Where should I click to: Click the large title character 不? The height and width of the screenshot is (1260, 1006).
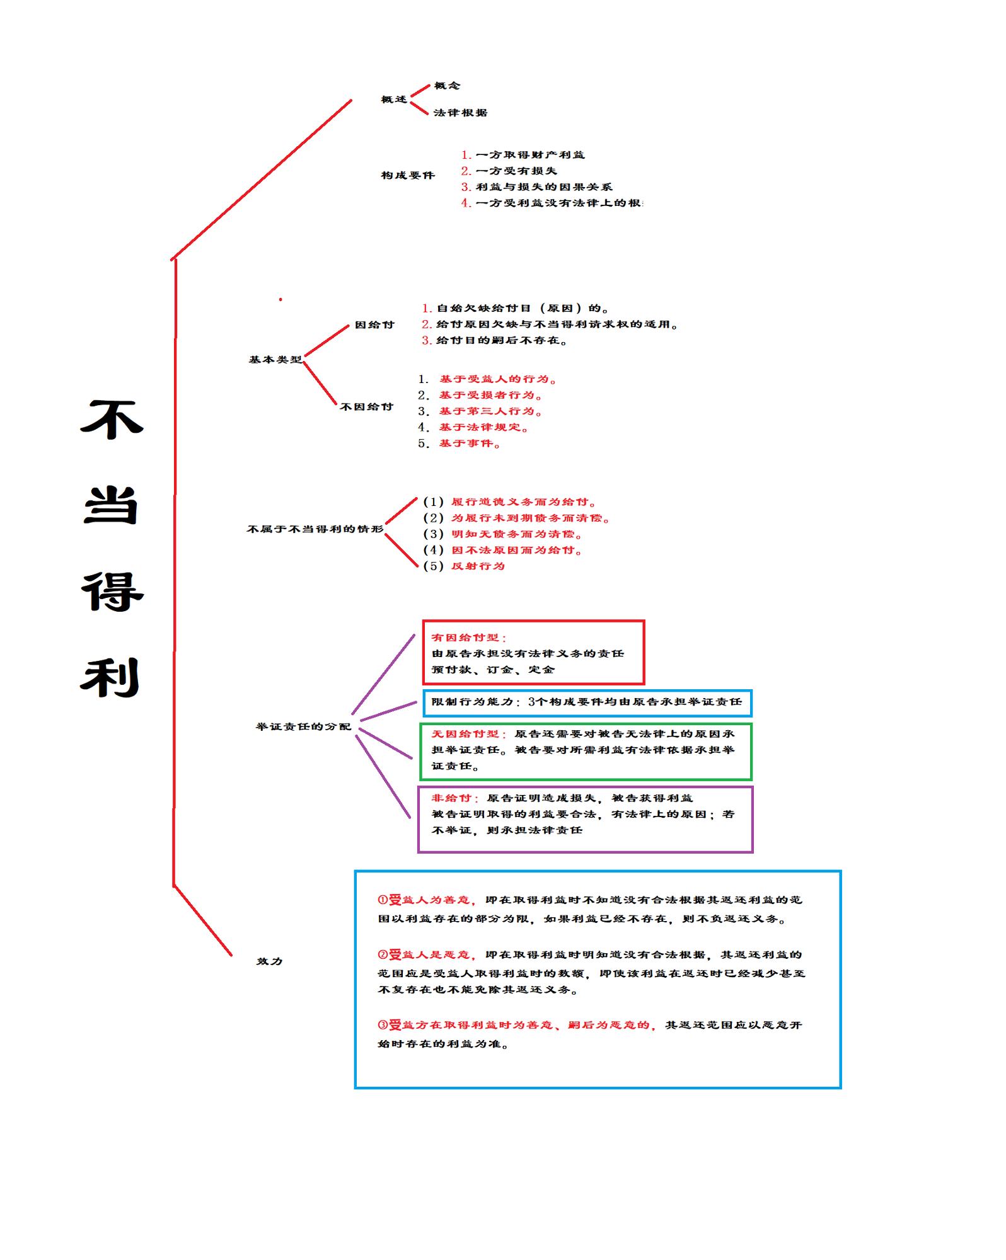[x=112, y=420]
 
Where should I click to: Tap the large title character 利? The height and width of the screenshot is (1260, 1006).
[x=110, y=678]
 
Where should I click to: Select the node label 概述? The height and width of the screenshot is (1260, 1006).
[x=394, y=100]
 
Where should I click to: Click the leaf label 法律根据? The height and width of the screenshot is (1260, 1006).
[x=460, y=113]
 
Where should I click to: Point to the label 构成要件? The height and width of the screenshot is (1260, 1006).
[x=408, y=175]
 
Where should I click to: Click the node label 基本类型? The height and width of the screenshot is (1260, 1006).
[x=275, y=360]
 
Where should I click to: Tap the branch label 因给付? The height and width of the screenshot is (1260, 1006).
[x=374, y=325]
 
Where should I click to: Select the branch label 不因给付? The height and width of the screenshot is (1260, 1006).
[x=366, y=407]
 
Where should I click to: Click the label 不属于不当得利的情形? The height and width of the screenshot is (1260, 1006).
[x=315, y=529]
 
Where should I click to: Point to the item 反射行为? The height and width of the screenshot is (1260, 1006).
[x=478, y=566]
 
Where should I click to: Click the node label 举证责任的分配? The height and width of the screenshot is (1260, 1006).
[x=303, y=726]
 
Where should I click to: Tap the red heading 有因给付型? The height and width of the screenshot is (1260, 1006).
[x=466, y=638]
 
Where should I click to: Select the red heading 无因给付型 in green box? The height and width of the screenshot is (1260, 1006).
[x=465, y=734]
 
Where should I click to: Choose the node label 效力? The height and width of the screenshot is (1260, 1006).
[x=270, y=961]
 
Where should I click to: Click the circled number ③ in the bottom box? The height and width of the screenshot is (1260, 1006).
[x=382, y=1025]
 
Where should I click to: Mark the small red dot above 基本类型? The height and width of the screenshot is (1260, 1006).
[x=280, y=300]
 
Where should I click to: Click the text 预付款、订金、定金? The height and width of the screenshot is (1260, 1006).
[x=493, y=670]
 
